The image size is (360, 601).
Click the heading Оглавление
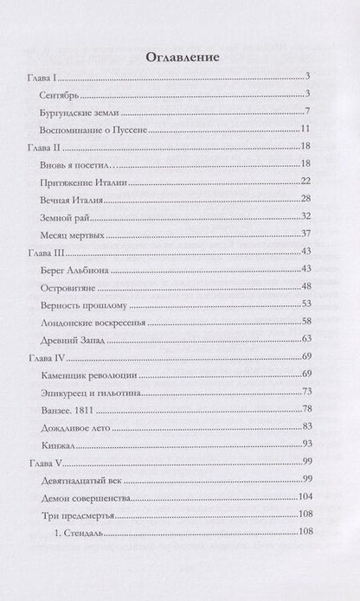coord(181,57)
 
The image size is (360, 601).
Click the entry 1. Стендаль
coord(85,533)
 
